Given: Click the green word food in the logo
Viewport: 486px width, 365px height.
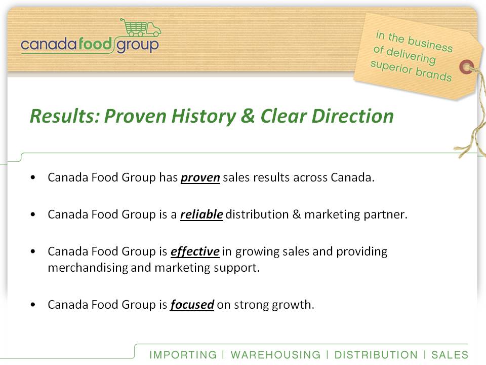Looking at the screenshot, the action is pyautogui.click(x=95, y=44).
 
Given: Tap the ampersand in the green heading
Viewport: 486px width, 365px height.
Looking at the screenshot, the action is pyautogui.click(x=248, y=116).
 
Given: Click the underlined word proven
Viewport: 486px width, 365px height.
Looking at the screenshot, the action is pyautogui.click(x=200, y=178).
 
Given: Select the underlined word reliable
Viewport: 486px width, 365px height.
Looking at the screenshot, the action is pyautogui.click(x=201, y=214).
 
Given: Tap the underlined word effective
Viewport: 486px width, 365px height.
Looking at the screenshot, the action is pyautogui.click(x=195, y=251).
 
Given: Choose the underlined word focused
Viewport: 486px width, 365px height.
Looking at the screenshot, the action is pyautogui.click(x=192, y=305).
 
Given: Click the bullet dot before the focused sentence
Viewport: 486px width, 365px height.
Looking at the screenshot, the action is pyautogui.click(x=33, y=305).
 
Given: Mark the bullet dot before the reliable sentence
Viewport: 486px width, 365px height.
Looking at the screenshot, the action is pyautogui.click(x=33, y=214).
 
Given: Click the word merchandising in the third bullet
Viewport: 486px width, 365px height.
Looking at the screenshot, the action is pyautogui.click(x=88, y=268).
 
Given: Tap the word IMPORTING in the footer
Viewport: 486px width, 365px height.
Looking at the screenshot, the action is pyautogui.click(x=183, y=354).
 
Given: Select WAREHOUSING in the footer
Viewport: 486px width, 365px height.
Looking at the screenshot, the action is pyautogui.click(x=275, y=354).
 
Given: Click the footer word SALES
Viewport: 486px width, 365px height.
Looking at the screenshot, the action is pyautogui.click(x=450, y=354).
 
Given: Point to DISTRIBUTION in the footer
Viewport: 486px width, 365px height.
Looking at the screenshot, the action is pyautogui.click(x=376, y=354).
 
